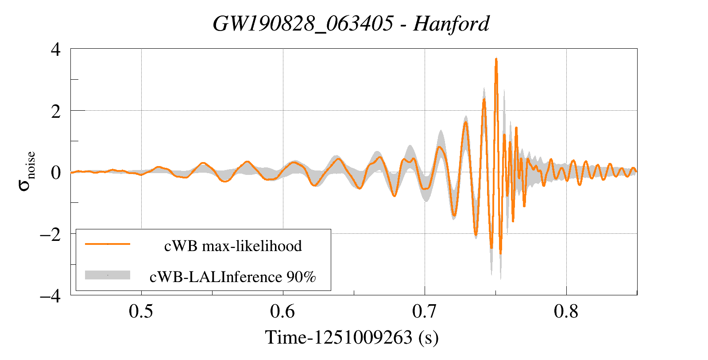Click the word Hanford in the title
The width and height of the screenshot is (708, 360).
coord(451,23)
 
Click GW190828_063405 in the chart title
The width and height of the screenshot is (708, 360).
coord(303,23)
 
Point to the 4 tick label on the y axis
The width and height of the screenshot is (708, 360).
coord(55,49)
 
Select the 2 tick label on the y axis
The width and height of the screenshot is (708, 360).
coord(55,111)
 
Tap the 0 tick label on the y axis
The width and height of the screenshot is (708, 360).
coord(55,173)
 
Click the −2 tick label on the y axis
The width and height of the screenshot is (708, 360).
coord(50,234)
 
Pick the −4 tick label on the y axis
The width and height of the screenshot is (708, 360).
coord(50,296)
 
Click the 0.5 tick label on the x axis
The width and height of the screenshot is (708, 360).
coord(141,311)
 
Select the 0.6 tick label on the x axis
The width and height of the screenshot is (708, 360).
coord(282,311)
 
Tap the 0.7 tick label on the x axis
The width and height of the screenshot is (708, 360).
coord(424,311)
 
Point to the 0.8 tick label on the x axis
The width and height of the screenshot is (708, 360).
coord(566,311)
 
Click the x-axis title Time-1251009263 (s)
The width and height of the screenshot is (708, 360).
coord(352,337)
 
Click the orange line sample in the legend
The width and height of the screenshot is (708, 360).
coord(108,244)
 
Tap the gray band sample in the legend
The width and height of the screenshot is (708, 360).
coord(108,275)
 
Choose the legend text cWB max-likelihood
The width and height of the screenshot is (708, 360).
coord(233,246)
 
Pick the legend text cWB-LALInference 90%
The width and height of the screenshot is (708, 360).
coord(233,277)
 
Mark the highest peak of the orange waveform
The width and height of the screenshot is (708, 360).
coord(496,59)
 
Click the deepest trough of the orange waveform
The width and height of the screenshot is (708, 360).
coord(501,254)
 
